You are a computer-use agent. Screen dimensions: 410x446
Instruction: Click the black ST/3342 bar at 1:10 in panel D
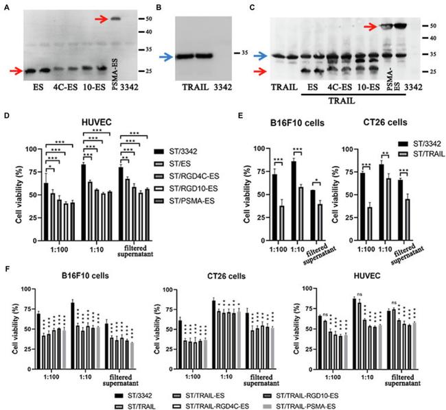(x=82, y=187)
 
